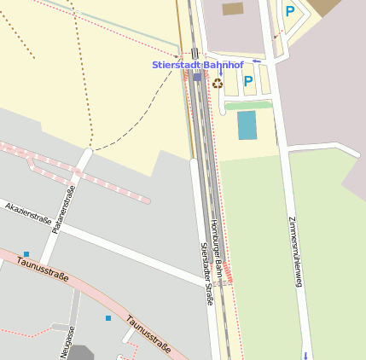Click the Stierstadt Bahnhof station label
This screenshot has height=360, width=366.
[197, 65]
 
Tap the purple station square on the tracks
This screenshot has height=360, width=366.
[197, 77]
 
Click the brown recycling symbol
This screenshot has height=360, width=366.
[218, 84]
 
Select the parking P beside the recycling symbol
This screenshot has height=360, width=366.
[248, 81]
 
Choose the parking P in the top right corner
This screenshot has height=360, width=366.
[290, 12]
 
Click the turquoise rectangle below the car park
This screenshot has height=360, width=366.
[247, 125]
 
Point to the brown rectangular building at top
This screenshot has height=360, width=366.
[233, 9]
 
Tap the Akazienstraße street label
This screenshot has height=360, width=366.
[29, 212]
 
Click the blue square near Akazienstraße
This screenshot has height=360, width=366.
[26, 253]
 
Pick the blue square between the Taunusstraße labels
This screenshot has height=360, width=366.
[108, 318]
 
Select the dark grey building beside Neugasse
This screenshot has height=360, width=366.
[80, 352]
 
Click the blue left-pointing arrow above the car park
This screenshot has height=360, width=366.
[257, 61]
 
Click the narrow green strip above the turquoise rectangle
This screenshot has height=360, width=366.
[247, 106]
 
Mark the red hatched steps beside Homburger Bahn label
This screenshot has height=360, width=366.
[229, 274]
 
